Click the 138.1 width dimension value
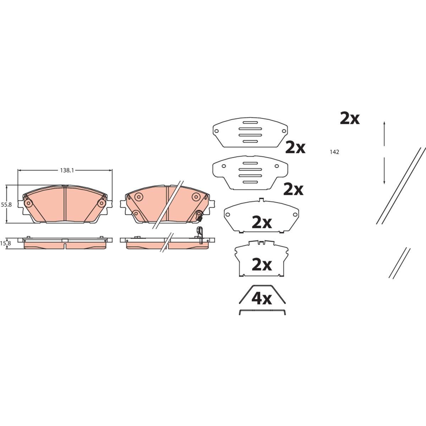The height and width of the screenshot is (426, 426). point(67,170)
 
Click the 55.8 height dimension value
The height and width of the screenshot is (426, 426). point(6,205)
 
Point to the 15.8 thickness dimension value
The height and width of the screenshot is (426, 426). point(6,244)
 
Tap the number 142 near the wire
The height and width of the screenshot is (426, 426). point(334,152)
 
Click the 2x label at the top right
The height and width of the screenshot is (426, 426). point(350,119)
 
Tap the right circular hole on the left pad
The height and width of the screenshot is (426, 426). point(102,203)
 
